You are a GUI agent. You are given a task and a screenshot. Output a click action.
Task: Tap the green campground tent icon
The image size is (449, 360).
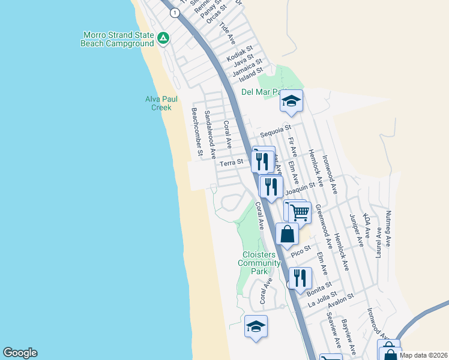(x=163, y=39)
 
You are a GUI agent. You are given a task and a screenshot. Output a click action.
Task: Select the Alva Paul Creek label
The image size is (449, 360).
(x=158, y=103)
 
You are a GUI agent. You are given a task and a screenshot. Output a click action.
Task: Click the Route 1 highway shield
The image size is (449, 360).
(x=174, y=12)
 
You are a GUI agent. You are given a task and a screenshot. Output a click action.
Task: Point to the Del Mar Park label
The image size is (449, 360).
(x=260, y=92)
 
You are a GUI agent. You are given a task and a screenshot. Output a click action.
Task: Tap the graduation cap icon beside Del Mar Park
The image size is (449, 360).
(x=291, y=101)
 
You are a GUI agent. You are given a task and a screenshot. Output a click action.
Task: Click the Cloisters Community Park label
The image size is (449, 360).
(x=259, y=263)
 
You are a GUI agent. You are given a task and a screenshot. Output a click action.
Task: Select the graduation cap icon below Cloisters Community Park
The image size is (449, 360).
(x=256, y=327)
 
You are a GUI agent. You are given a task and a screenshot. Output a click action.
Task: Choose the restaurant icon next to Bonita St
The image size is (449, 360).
(x=300, y=278)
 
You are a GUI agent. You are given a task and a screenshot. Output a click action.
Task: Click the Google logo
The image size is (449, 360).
(x=20, y=353)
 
